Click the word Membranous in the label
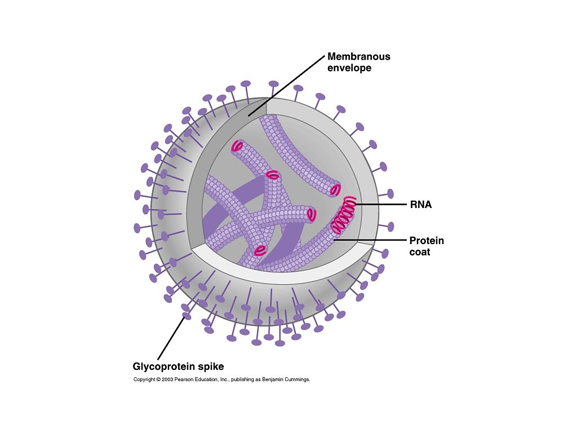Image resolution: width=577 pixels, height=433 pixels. pyautogui.click(x=359, y=57)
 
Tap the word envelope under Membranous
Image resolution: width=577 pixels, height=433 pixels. pyautogui.click(x=349, y=68)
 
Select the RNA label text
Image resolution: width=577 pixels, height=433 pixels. pyautogui.click(x=420, y=205)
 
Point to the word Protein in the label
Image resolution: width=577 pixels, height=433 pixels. pyautogui.click(x=427, y=241)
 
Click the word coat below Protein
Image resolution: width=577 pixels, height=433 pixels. pyautogui.click(x=420, y=252)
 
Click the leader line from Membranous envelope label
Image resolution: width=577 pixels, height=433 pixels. pyautogui.click(x=287, y=86)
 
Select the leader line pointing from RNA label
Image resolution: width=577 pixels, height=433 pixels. pyautogui.click(x=380, y=204)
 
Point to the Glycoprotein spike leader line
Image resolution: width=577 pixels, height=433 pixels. pyautogui.click(x=170, y=338)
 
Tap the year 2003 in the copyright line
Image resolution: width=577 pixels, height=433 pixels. pyautogui.click(x=166, y=379)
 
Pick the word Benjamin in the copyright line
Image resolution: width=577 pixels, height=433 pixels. pyautogui.click(x=273, y=379)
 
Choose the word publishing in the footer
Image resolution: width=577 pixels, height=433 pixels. pyautogui.click(x=242, y=379)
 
